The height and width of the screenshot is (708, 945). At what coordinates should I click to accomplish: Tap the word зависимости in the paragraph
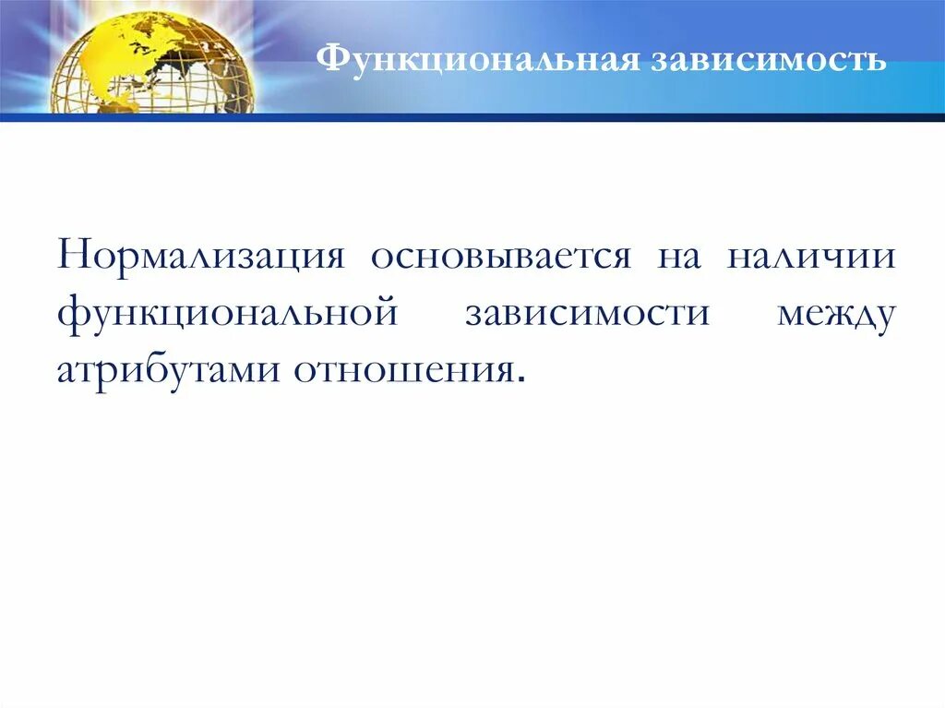587,313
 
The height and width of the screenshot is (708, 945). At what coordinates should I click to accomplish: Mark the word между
836,313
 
